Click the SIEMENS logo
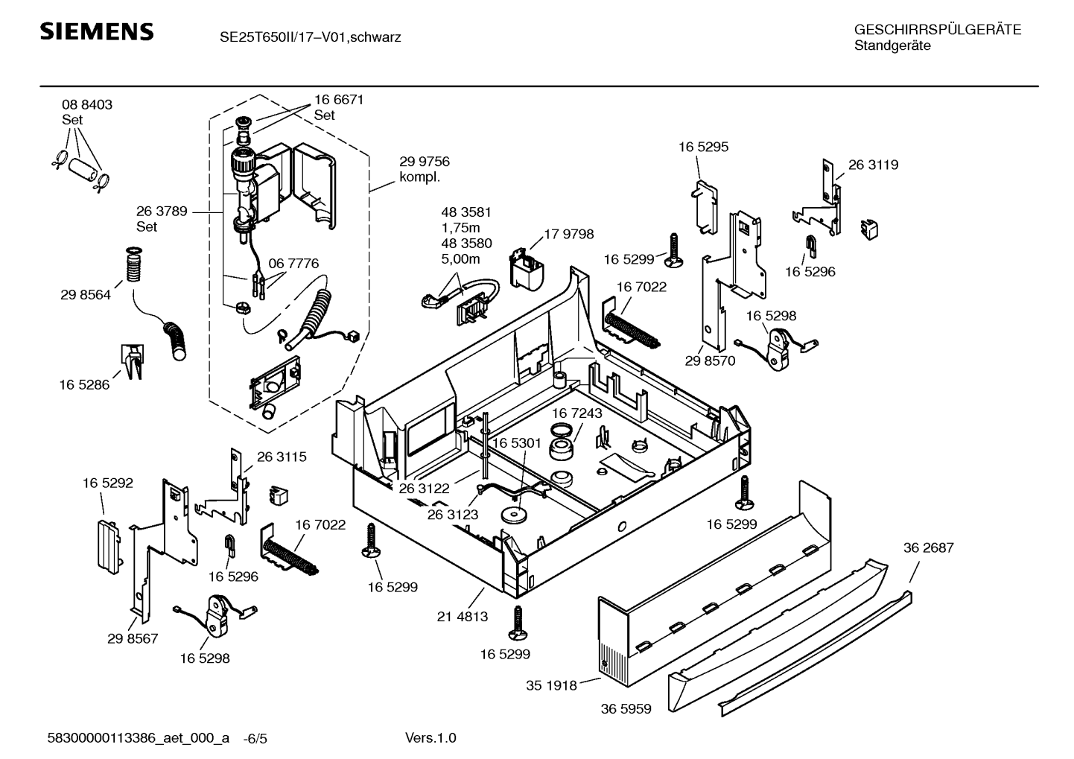pos(97,32)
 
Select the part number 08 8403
pos(87,105)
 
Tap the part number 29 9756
pos(425,162)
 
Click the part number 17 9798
pos(568,234)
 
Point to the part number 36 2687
pos(928,547)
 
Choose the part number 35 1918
pos(551,685)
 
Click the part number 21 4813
pos(463,616)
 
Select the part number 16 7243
pos(577,413)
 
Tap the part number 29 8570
pos(710,361)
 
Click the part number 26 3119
pos(873,165)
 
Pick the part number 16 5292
pos(108,483)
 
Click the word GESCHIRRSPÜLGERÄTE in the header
pos(937,30)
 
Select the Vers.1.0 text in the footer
pos(430,738)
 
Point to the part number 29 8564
pos(86,295)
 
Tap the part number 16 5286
pos(84,384)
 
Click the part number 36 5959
pos(626,709)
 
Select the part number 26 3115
pos(282,457)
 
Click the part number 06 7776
pos(293,263)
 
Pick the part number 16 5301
pos(516,443)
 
